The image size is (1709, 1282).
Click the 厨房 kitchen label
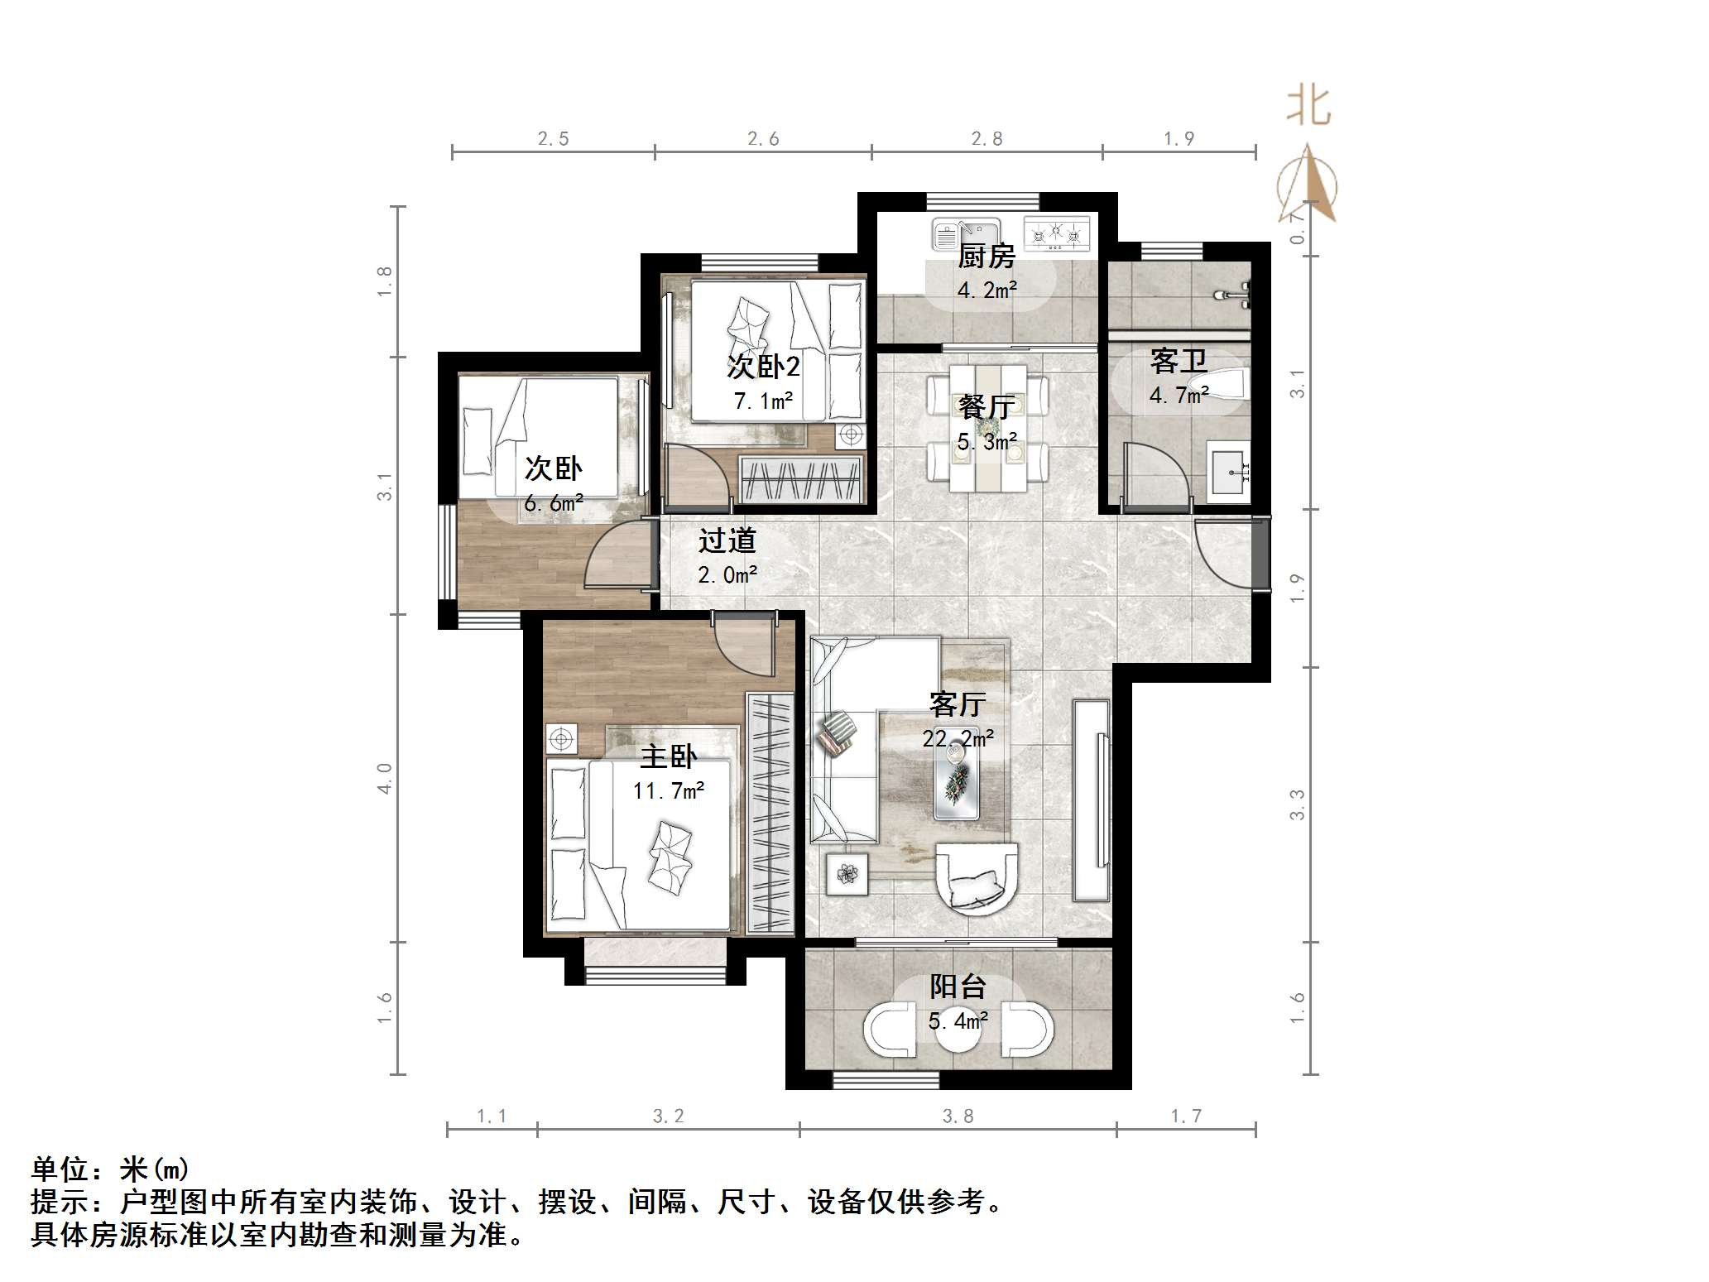(x=987, y=257)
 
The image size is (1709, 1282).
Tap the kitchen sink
(x=966, y=234)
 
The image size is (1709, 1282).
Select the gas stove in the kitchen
(x=1057, y=233)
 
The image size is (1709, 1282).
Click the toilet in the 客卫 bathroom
(x=1225, y=383)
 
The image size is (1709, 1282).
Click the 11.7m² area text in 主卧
(x=668, y=791)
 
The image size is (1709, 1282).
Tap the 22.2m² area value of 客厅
(x=958, y=737)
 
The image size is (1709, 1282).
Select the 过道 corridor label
(x=727, y=541)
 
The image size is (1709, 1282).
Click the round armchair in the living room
(x=977, y=877)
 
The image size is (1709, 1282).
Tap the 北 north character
(x=1308, y=107)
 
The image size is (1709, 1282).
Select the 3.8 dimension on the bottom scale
(x=958, y=1117)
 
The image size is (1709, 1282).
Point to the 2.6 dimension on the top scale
(x=763, y=139)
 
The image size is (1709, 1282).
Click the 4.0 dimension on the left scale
(x=384, y=778)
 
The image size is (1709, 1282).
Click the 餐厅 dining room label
(x=987, y=407)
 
